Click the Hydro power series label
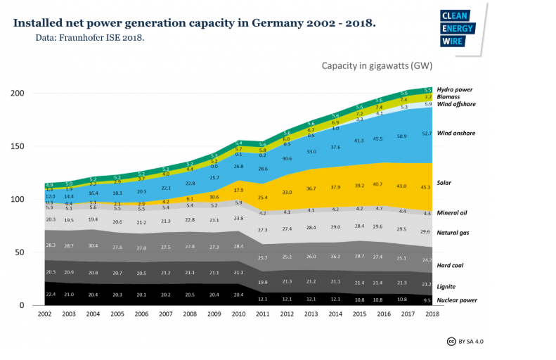(x=454, y=90)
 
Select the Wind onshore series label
(x=455, y=132)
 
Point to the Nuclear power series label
(x=457, y=300)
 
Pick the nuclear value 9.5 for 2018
(x=427, y=300)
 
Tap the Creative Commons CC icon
(x=451, y=341)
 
